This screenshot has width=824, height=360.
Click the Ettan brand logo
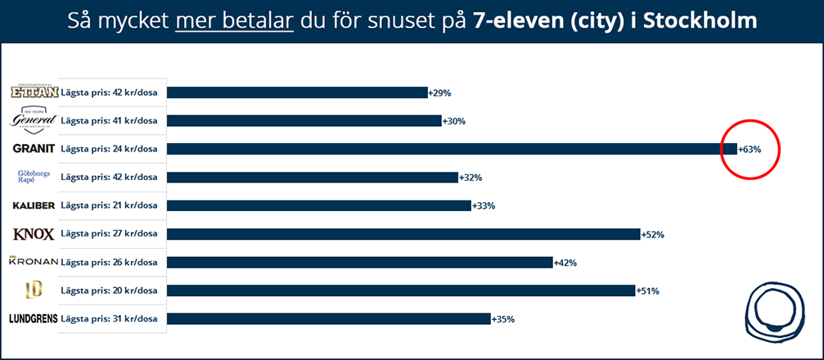coord(34,92)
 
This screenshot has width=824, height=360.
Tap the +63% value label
coord(750,150)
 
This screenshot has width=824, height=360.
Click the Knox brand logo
coord(34,234)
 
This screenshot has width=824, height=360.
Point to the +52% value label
coord(652,235)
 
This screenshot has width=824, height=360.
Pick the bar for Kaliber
coord(319,205)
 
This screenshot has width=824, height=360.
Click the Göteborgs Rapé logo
coord(34,178)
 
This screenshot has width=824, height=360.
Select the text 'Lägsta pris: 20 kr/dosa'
coord(109,290)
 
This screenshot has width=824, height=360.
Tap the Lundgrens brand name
coord(34,319)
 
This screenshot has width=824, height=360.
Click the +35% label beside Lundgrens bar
coord(503,320)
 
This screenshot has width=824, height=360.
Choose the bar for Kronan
coord(360,263)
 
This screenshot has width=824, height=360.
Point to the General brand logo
coord(34,120)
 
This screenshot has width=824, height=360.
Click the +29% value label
coord(439,93)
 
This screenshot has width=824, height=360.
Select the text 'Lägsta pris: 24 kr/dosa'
coord(109,149)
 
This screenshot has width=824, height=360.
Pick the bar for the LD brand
coord(401,290)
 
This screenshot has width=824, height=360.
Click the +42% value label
coord(566,263)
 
